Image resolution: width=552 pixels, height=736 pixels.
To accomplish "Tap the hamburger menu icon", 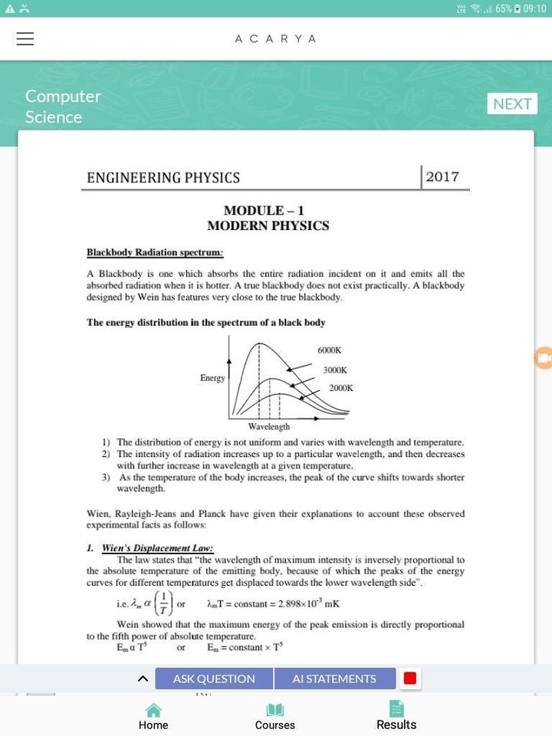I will [x=25, y=39].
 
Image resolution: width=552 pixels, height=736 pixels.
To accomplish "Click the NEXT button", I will [x=512, y=103].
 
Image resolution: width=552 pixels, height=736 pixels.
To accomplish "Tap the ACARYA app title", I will [x=275, y=39].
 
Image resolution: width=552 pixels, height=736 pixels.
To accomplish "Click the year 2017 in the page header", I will [x=442, y=177].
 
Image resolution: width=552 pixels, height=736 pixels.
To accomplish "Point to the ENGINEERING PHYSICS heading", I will [x=163, y=178].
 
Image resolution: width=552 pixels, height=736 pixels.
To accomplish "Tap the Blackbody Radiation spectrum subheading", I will [x=155, y=252].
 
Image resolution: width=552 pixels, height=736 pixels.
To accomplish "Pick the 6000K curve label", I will [x=329, y=350].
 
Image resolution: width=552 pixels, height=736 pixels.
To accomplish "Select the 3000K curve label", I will [x=335, y=370].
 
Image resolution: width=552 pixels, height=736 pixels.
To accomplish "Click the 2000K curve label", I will [x=341, y=388].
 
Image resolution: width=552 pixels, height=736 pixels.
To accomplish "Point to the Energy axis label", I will [x=212, y=378].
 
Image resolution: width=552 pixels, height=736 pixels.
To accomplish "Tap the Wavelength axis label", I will [x=268, y=426].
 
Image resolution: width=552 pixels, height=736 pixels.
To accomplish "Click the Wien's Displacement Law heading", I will [x=157, y=548].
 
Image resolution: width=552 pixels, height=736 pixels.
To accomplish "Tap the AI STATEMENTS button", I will [x=334, y=678].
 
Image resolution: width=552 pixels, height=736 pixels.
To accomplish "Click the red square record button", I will [x=410, y=678].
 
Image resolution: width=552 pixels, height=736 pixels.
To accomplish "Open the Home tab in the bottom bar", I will [x=153, y=716].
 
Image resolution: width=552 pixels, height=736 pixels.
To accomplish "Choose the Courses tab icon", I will [x=274, y=711].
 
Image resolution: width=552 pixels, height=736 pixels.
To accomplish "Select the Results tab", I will [x=396, y=716].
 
